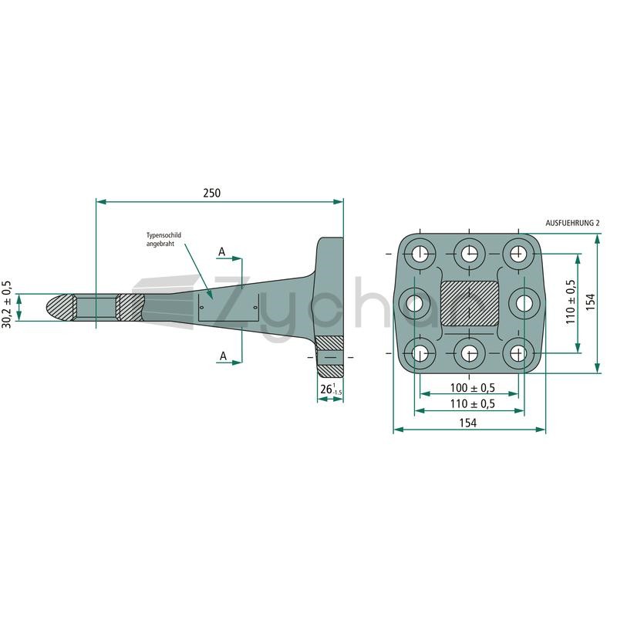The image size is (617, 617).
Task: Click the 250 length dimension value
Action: click(211, 193)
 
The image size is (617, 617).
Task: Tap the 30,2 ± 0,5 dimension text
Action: click(7, 305)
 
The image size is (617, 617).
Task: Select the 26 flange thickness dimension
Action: click(331, 389)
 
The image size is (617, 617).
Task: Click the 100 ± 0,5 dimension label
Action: click(472, 388)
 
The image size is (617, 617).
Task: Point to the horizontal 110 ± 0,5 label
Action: click(472, 403)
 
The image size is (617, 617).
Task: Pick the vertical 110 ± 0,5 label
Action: click(570, 302)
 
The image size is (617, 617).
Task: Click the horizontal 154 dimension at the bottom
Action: click(468, 423)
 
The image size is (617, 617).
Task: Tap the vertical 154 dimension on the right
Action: click(591, 302)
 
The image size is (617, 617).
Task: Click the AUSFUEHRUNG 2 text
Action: click(572, 223)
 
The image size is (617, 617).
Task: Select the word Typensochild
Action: click(164, 235)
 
